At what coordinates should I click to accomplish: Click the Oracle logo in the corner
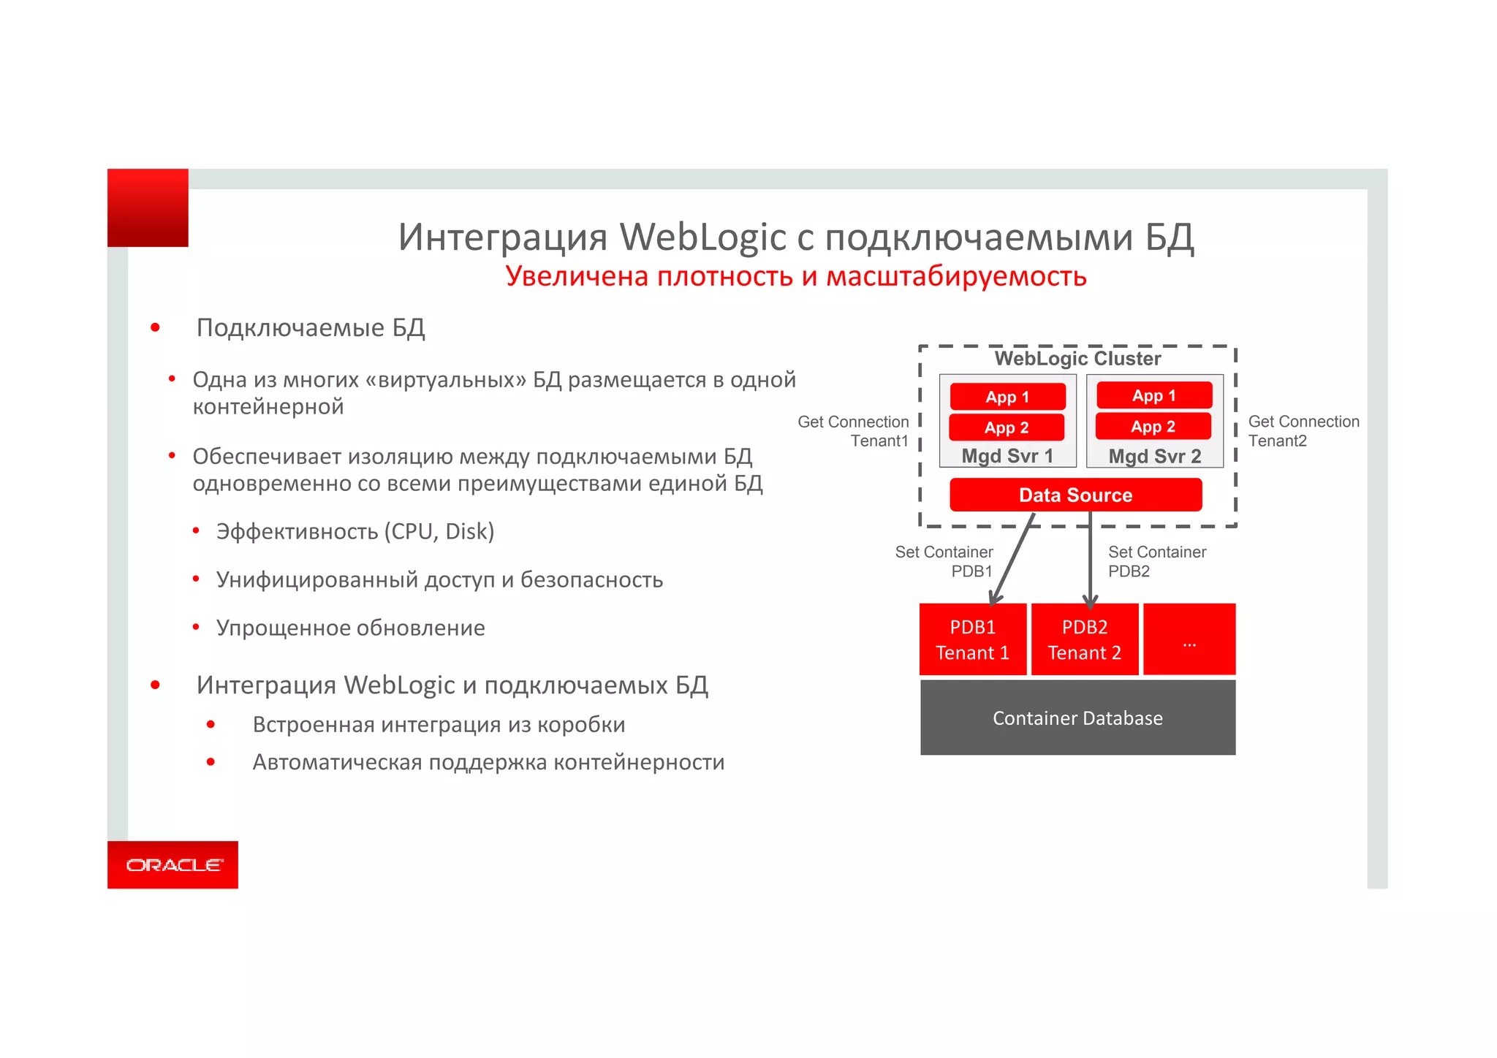pos(173,864)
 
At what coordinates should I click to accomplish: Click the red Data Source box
pos(1075,495)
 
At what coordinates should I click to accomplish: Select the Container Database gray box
pos(1077,718)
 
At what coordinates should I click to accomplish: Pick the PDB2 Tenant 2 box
pos(1085,640)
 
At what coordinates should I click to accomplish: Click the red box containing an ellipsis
pos(1189,639)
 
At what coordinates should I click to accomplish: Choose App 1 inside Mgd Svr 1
pos(1007,397)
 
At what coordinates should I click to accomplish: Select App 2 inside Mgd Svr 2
pos(1153,427)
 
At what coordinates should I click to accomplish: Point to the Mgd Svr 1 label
pos(1007,456)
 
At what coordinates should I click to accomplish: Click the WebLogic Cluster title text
pos(1077,358)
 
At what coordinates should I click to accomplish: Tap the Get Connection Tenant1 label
pos(854,431)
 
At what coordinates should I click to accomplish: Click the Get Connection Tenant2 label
pos(1303,431)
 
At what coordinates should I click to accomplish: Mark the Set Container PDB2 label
pos(1156,561)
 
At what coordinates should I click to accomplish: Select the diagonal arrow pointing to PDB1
pos(1012,559)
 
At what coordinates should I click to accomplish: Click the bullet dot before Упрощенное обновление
pos(196,627)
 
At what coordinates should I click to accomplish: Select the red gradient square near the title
pos(148,208)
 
